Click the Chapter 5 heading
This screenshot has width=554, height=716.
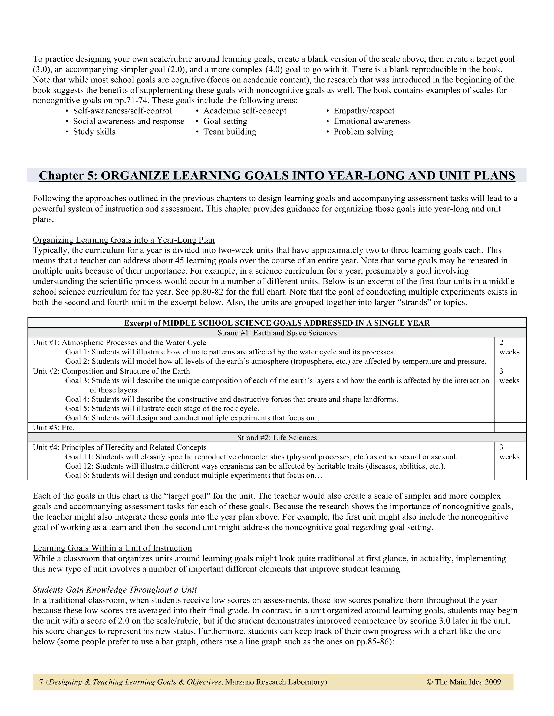coord(277,175)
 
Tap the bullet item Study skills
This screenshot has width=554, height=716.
coord(94,132)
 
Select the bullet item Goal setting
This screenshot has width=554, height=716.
coord(225,121)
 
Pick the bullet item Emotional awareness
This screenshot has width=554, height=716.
coord(372,121)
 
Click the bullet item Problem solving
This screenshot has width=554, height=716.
coord(363,132)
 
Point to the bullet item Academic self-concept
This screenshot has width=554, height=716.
coord(245,111)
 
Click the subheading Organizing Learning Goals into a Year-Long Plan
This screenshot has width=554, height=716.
coord(123,240)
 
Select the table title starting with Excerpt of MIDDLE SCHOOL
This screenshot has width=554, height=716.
coord(277,323)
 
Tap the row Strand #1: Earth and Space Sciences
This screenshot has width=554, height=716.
coord(277,333)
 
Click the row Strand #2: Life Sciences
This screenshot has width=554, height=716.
coord(277,438)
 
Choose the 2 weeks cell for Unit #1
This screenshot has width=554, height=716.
coord(509,347)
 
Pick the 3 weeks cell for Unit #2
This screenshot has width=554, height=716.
coord(509,376)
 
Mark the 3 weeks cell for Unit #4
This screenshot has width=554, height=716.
coord(509,452)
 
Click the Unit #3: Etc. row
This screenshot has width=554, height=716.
coord(54,427)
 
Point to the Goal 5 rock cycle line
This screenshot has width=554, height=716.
coord(162,409)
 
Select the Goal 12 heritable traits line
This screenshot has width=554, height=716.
coord(255,466)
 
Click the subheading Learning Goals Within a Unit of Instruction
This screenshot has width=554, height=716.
coord(112,548)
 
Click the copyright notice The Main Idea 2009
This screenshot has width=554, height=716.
coord(464,682)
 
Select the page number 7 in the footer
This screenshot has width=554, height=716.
coord(41,682)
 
